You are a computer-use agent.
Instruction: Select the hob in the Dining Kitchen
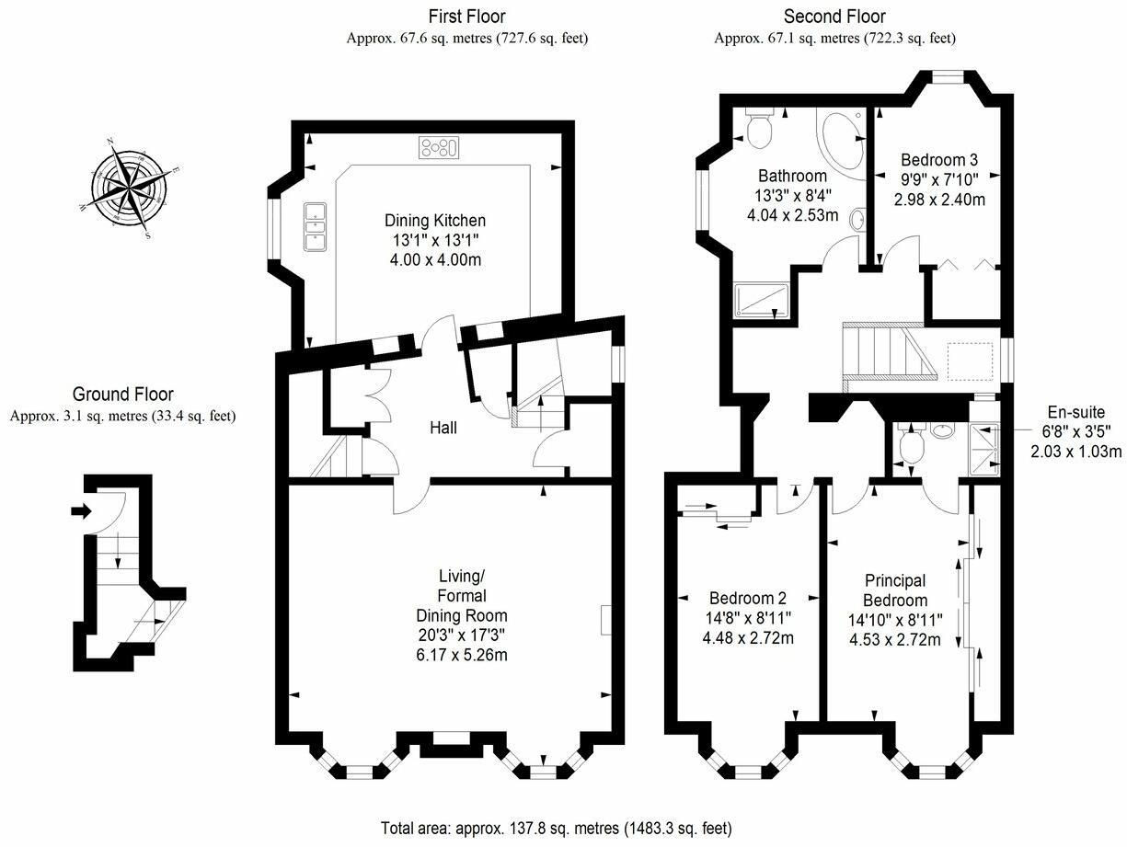(x=439, y=147)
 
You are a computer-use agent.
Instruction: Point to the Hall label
(x=443, y=428)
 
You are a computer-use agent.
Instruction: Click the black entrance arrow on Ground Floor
(x=81, y=511)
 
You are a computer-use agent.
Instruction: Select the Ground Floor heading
(x=122, y=395)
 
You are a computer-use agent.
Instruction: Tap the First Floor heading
(x=466, y=17)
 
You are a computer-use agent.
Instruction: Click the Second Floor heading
(x=834, y=17)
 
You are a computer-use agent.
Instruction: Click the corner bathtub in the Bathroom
(x=839, y=140)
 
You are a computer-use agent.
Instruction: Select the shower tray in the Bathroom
(x=761, y=301)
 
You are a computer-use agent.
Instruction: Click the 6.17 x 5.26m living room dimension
(x=460, y=655)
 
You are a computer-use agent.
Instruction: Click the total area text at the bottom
(x=557, y=828)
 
